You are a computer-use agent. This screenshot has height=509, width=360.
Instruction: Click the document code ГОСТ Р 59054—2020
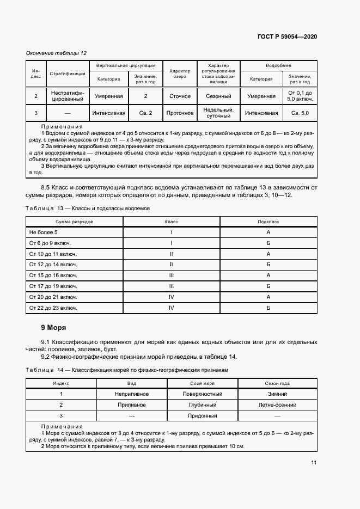coord(287,36)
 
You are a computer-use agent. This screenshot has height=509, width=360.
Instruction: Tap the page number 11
coord(314,463)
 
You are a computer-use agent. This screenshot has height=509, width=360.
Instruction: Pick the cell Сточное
coord(180,96)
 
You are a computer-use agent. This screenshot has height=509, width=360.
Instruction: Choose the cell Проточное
coord(180,113)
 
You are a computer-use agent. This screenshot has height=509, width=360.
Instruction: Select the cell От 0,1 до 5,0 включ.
coord(300,96)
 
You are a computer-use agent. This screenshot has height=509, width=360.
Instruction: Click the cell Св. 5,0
coord(300,113)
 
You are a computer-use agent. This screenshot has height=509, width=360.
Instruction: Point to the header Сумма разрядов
coord(75,222)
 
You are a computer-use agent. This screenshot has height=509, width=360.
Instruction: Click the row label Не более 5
coord(44,232)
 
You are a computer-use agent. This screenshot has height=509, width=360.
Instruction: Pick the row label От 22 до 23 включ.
coord(53,308)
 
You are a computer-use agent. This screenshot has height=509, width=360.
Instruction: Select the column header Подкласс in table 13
coord(269,222)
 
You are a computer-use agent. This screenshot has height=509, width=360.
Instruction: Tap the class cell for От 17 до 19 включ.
coord(172,286)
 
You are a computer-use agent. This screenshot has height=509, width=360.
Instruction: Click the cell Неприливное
coord(132,394)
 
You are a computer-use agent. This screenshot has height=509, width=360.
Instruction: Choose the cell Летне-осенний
coord(277,405)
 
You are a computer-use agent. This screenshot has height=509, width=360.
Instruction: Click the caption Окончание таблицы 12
coord(57,53)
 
